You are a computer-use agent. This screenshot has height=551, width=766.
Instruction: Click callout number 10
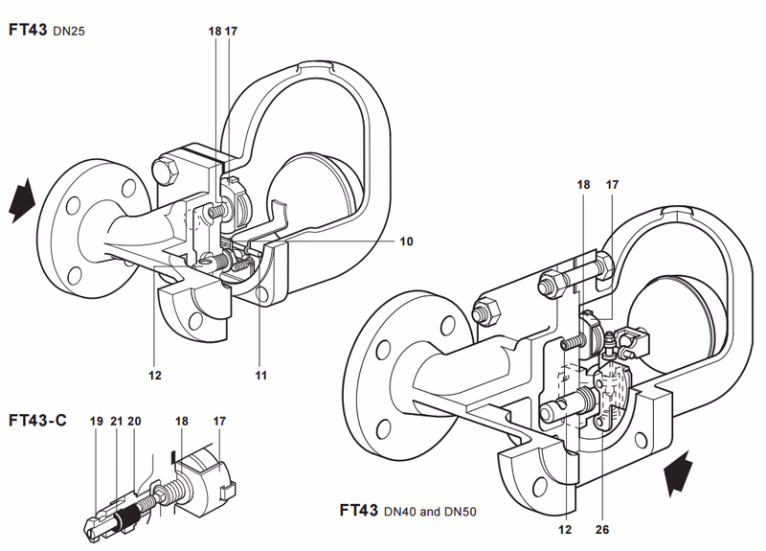click(406, 241)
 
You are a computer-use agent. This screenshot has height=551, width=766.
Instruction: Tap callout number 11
click(260, 376)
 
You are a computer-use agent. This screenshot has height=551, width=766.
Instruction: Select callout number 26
click(602, 530)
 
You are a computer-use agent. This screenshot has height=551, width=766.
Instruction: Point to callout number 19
click(97, 421)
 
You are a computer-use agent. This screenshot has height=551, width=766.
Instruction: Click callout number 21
click(116, 421)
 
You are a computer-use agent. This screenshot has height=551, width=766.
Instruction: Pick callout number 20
click(134, 421)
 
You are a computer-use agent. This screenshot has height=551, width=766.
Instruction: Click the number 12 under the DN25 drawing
click(155, 376)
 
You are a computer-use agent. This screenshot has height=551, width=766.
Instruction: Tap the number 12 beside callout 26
click(565, 530)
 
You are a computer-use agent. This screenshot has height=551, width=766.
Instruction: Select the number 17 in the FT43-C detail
click(219, 421)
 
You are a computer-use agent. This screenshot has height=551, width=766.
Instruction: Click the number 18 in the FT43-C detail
click(182, 421)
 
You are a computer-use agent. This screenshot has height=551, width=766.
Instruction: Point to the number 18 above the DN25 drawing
click(214, 32)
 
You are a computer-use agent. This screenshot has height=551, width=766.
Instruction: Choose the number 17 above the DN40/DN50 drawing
click(612, 185)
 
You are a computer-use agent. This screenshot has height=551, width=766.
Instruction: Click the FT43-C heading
click(37, 421)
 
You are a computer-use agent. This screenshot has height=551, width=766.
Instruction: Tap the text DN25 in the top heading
click(69, 32)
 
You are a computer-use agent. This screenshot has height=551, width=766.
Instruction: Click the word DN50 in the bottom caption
click(461, 512)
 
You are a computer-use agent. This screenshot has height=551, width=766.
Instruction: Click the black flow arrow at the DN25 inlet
click(22, 200)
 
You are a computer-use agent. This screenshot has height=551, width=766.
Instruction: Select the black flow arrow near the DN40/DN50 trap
click(678, 473)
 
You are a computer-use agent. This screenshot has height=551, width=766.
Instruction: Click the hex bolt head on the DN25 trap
click(166, 171)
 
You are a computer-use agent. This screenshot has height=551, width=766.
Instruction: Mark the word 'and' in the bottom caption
click(430, 512)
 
